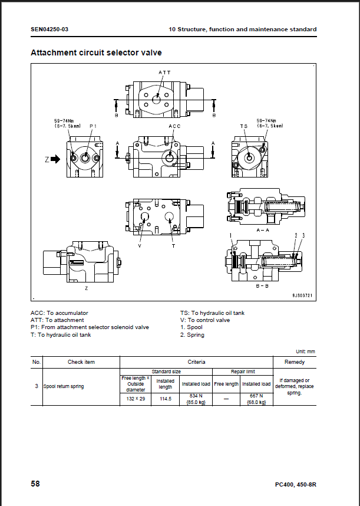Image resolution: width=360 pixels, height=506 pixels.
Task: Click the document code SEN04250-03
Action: (49, 29)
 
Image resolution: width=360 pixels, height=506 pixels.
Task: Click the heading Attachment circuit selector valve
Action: (96, 52)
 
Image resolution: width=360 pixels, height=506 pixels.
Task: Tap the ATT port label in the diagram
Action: (164, 73)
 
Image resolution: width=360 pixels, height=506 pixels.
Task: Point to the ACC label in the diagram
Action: (174, 126)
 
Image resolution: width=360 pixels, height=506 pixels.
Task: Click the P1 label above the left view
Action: (93, 126)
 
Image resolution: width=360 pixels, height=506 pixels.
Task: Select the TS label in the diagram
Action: (244, 126)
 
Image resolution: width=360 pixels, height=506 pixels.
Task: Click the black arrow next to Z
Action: (55, 159)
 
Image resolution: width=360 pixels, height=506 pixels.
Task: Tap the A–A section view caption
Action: (263, 230)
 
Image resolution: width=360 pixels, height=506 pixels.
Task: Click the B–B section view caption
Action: (262, 286)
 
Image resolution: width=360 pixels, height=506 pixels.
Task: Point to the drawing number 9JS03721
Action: (302, 295)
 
